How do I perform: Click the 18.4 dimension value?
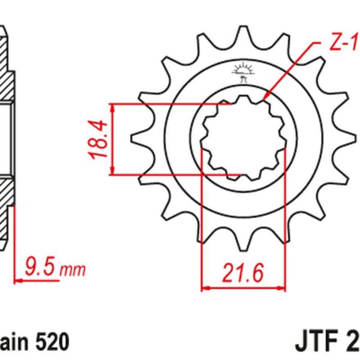(x=100, y=139)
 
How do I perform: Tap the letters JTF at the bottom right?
(x=316, y=342)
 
